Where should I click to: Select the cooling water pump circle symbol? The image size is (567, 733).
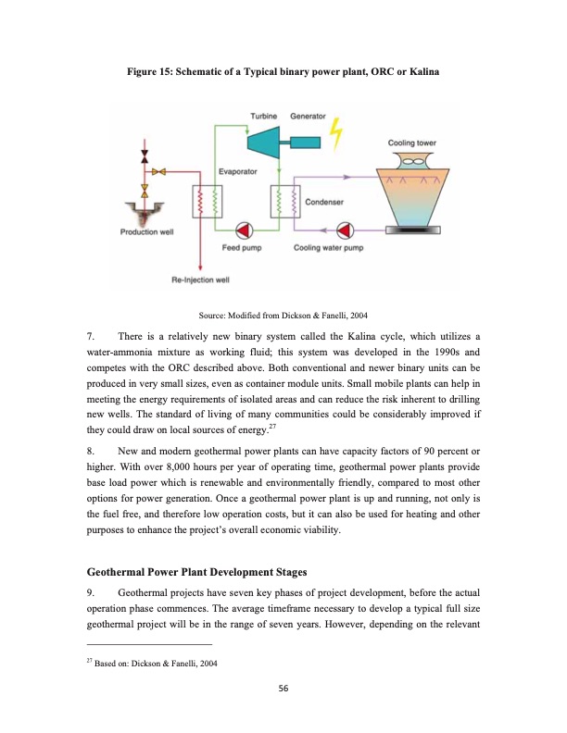(346, 229)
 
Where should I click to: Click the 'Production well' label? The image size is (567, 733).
(146, 231)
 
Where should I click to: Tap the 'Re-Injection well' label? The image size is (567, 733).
(201, 279)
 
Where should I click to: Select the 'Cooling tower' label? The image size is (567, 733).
(412, 143)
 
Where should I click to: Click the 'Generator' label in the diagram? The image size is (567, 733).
(308, 117)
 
